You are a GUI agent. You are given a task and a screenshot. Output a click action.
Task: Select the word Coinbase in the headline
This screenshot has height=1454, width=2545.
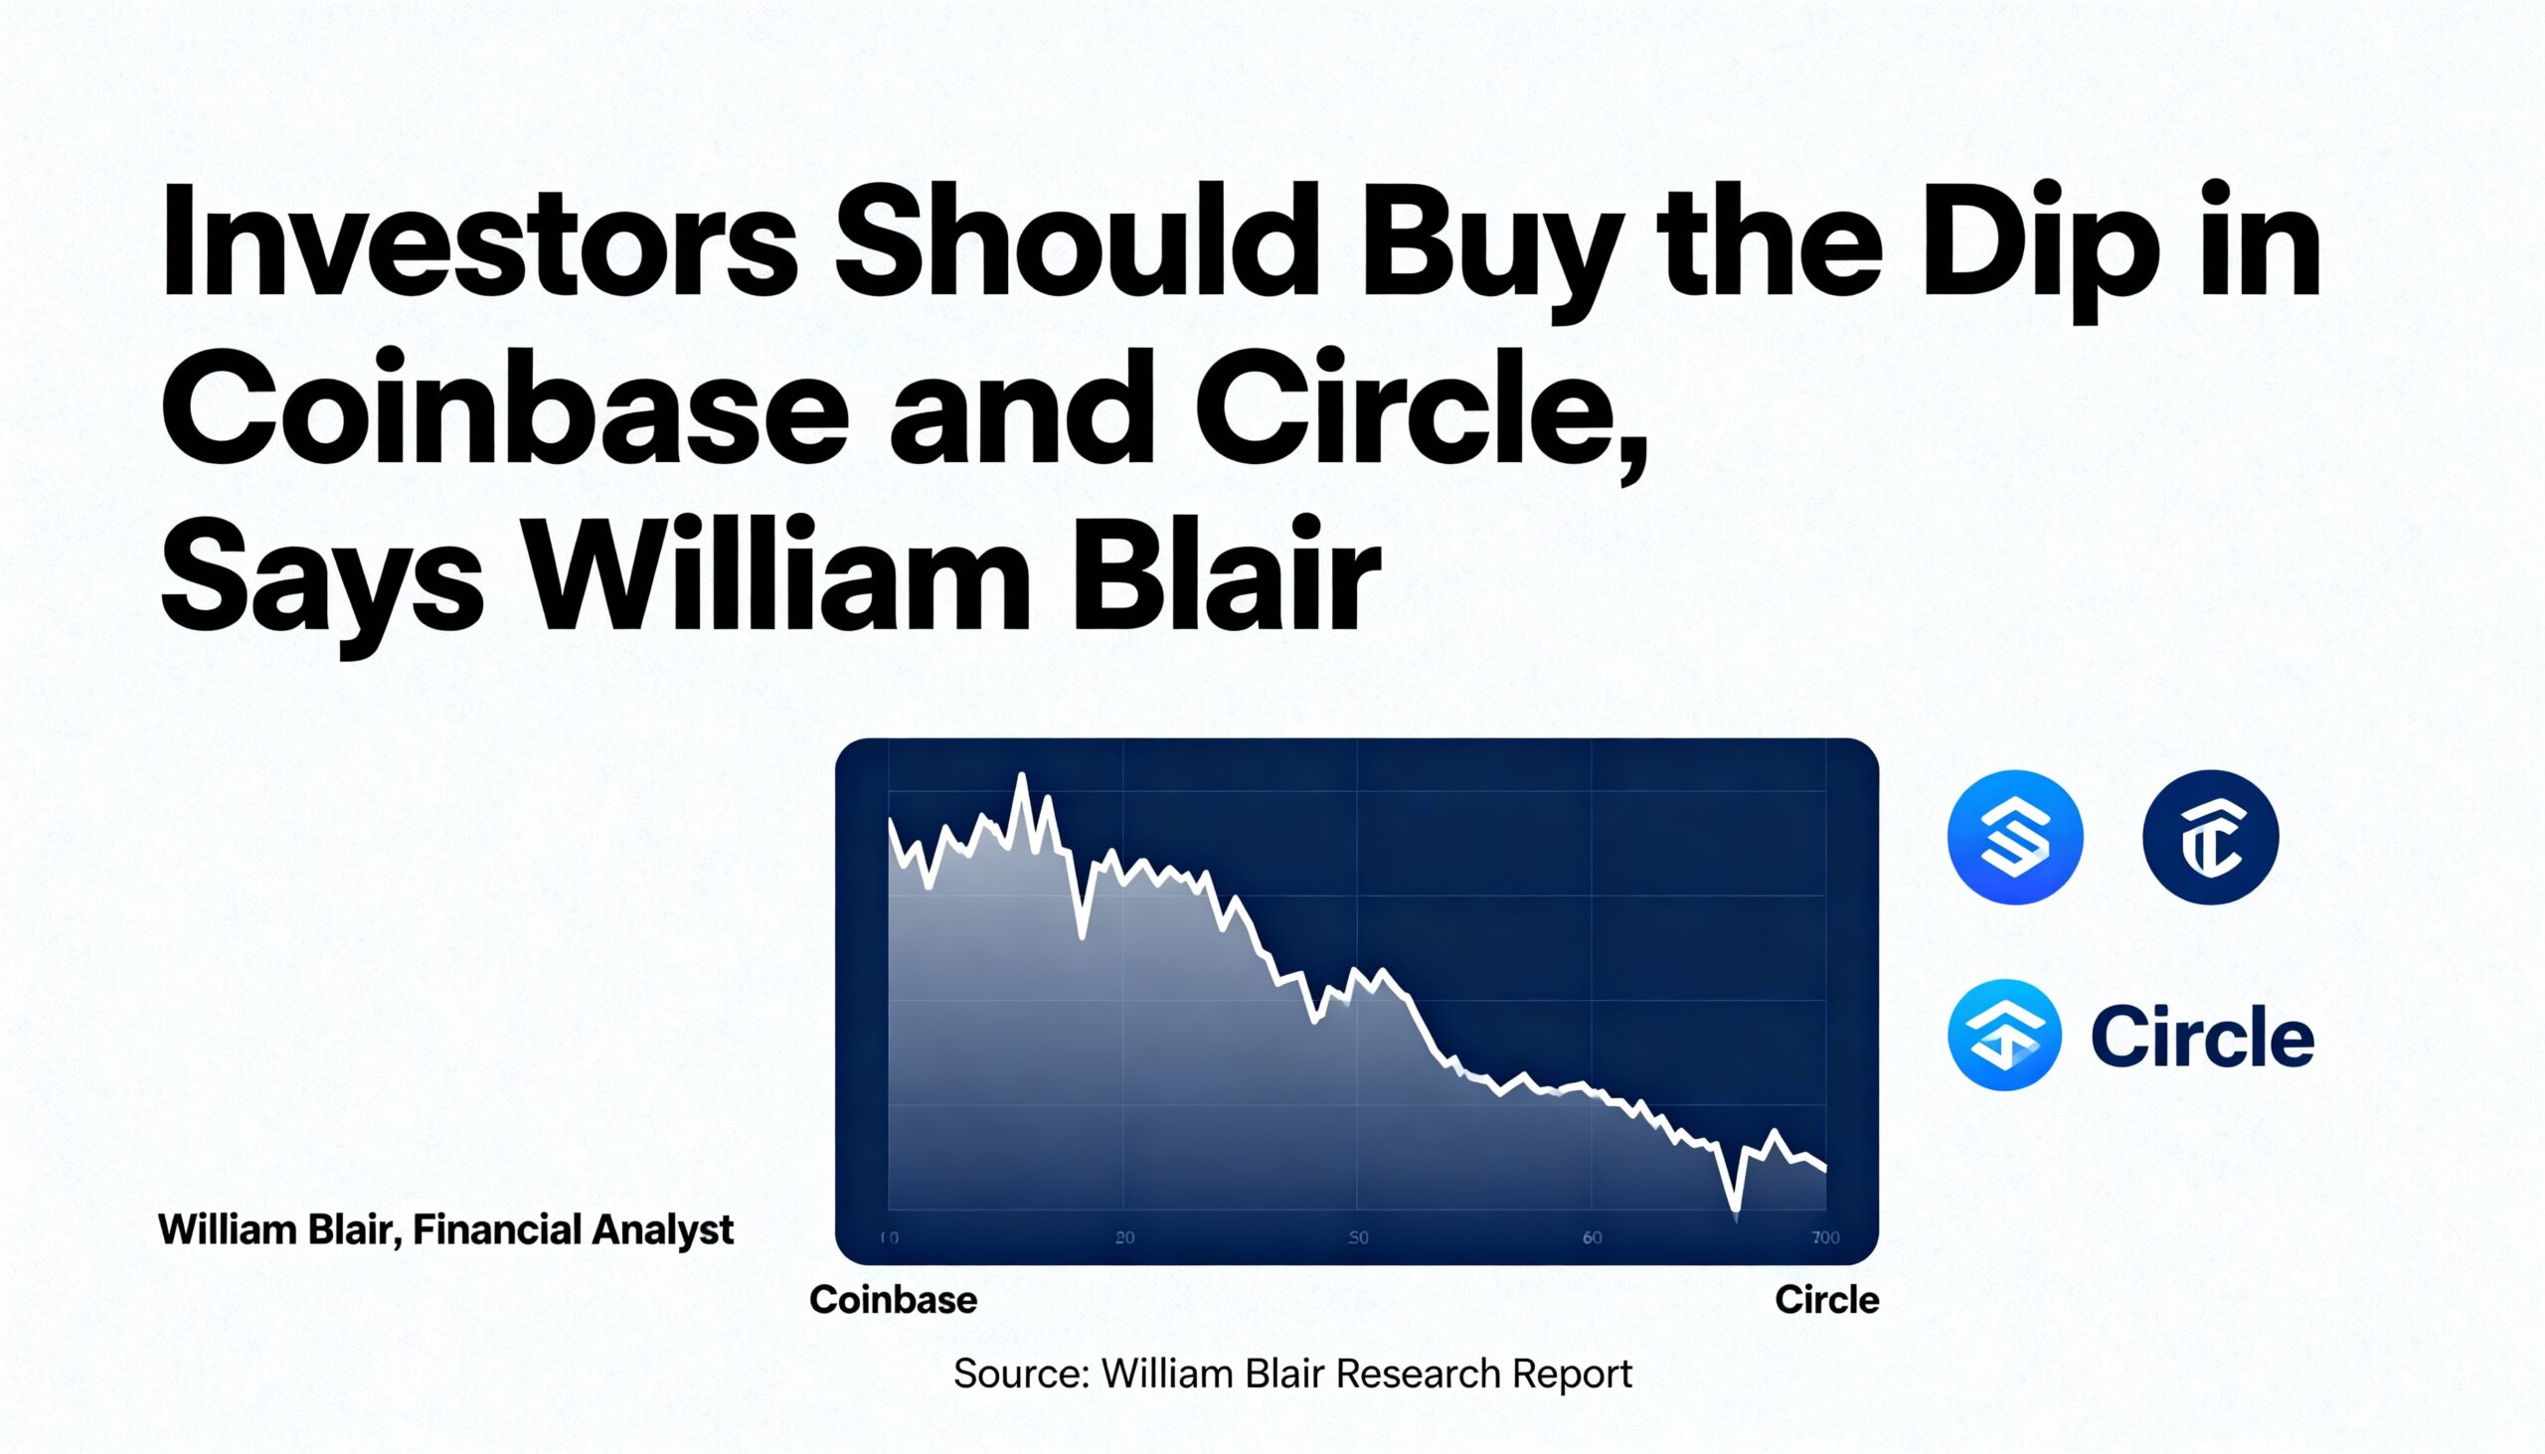pos(504,411)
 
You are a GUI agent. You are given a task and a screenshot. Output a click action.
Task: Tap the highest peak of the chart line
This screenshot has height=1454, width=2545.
pos(1022,777)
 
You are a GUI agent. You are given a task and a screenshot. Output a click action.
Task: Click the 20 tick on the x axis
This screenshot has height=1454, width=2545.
pos(1124,1238)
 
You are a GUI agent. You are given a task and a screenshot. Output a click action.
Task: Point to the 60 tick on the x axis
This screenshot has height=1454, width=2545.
pos(1593,1238)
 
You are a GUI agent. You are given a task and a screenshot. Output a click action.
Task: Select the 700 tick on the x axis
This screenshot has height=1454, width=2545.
pos(1825,1238)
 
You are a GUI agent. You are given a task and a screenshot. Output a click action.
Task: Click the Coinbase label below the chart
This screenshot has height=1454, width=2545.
pos(893,1300)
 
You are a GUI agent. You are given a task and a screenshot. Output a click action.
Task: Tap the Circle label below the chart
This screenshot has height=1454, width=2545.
pos(1827,1300)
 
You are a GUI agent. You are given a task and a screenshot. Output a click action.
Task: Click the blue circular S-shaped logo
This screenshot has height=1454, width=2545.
pos(2014,837)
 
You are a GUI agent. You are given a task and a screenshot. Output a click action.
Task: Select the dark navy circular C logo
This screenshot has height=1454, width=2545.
pos(2210,837)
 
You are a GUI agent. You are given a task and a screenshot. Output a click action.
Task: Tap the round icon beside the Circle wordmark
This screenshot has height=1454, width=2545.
pos(2004,1035)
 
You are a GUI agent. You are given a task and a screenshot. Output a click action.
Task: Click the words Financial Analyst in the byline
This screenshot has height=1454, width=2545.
pos(573,1229)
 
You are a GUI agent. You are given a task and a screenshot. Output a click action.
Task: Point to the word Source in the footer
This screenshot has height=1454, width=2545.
pos(1018,1374)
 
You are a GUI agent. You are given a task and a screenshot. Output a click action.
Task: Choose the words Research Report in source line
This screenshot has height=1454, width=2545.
pos(1483,1374)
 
